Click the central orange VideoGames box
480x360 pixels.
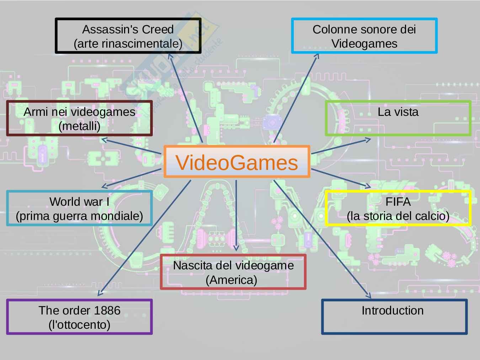tap(237, 162)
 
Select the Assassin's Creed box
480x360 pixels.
tap(128, 36)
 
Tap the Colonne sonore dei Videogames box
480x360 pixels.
tap(364, 36)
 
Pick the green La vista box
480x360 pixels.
tap(398, 118)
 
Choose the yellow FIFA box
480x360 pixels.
tap(398, 208)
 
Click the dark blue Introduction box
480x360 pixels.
tap(394, 317)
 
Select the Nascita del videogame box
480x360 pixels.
tap(233, 272)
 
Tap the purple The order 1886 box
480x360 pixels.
tap(79, 317)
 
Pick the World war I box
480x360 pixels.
tap(79, 208)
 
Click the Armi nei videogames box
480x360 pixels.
tap(79, 118)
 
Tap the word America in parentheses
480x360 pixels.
tap(231, 280)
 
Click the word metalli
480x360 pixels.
tap(79, 126)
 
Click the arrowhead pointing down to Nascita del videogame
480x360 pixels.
tap(236, 248)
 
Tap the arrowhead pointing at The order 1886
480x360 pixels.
tap(100, 294)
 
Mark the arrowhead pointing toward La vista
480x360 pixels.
tap(368, 140)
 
